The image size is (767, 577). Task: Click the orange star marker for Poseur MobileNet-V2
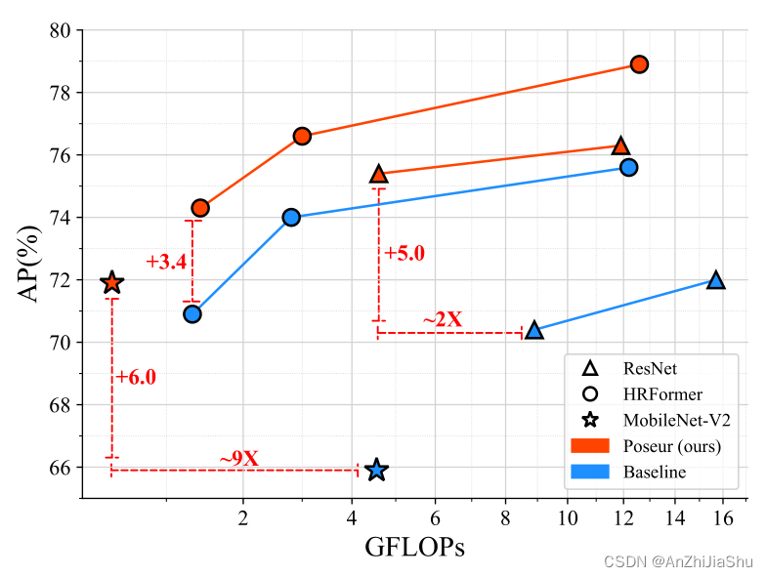click(x=112, y=282)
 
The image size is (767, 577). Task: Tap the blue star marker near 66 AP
click(x=377, y=471)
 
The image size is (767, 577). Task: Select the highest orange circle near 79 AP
click(x=640, y=64)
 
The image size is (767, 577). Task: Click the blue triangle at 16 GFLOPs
click(x=715, y=280)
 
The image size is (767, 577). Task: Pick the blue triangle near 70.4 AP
click(x=533, y=330)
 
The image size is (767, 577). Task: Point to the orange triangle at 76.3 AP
click(x=620, y=145)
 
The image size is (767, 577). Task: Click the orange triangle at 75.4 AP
click(x=379, y=174)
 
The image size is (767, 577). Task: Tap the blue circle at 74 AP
click(x=291, y=217)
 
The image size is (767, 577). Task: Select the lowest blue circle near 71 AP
click(x=192, y=313)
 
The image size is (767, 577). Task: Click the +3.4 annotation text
click(x=166, y=262)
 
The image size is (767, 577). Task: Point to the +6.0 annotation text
click(x=136, y=377)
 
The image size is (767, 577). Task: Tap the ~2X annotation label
click(x=442, y=319)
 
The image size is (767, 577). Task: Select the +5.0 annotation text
click(x=405, y=254)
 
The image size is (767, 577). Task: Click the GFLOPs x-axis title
click(x=414, y=548)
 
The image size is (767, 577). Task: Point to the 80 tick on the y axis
click(x=61, y=30)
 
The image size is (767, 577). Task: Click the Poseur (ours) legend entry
click(x=671, y=446)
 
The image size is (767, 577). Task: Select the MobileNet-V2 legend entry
click(x=676, y=421)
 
